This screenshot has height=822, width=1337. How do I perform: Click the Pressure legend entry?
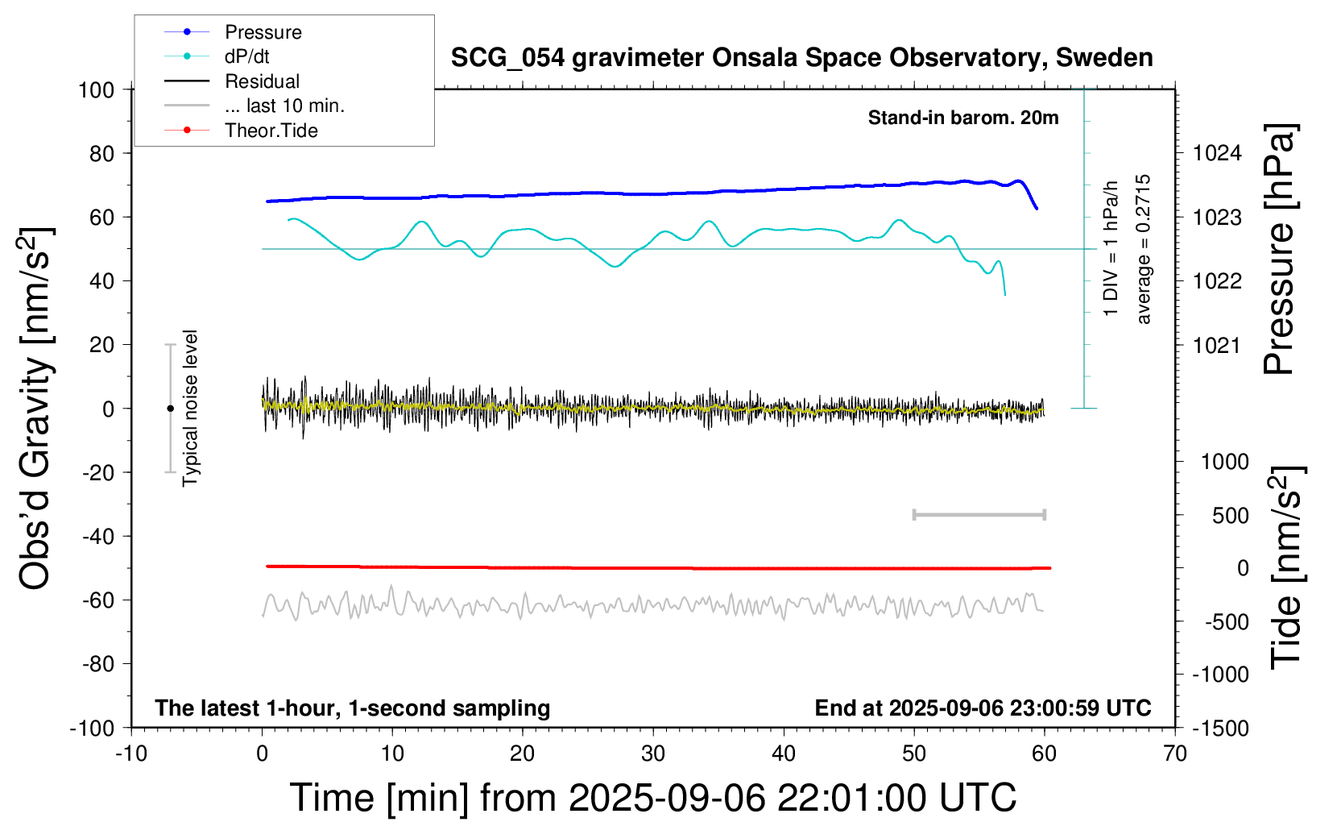point(263,32)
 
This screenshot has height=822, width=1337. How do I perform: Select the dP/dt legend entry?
point(246,56)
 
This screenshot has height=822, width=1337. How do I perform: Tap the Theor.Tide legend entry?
point(271,131)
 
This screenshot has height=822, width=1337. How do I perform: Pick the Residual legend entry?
point(262,81)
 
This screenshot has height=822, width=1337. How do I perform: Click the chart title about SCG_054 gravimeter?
point(801,58)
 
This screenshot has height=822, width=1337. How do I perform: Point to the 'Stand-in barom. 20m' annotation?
point(962,118)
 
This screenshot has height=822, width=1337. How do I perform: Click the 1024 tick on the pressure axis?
point(1217,153)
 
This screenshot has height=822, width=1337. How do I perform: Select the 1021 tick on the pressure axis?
point(1217,346)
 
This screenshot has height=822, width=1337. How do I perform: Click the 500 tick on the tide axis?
point(1230,516)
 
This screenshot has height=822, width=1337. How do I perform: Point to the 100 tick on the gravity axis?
point(96,89)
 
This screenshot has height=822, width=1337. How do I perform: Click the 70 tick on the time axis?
point(1175,754)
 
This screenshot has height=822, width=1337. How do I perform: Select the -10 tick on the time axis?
point(131,754)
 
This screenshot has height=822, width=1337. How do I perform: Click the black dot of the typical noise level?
point(170,409)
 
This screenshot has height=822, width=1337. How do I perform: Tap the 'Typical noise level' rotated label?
point(190,409)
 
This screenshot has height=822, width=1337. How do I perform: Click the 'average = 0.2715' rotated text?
point(1144,250)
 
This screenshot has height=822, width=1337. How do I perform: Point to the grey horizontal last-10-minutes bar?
point(979,514)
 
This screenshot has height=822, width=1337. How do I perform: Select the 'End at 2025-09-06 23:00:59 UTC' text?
point(983,708)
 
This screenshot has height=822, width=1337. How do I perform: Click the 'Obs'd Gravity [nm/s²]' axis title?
point(35,409)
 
